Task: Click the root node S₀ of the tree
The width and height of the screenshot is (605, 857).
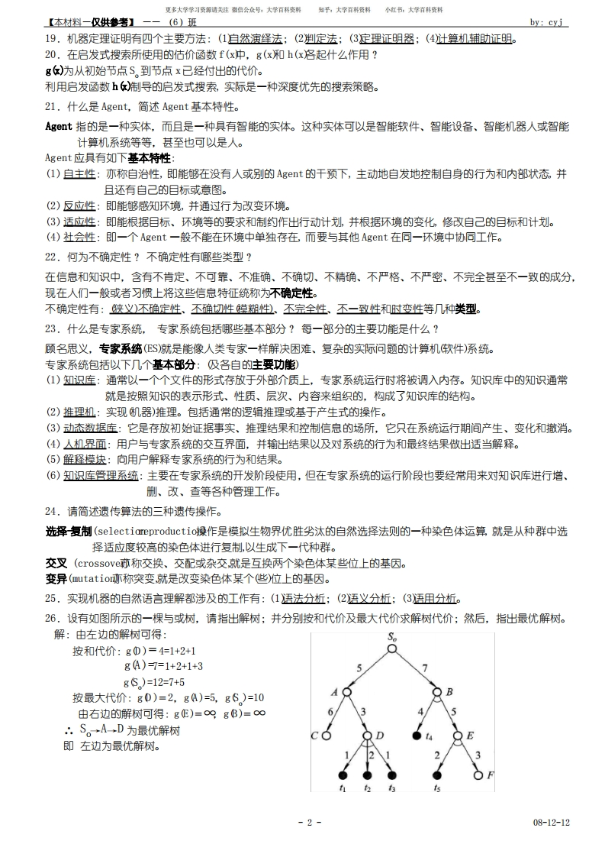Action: [391, 648]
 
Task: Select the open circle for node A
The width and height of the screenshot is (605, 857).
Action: [346, 692]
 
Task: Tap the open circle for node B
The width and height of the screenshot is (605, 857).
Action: [437, 692]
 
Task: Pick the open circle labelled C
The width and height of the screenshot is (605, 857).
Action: [325, 736]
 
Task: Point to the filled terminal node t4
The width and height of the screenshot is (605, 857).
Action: [417, 736]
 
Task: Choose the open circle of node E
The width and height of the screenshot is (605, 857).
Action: [458, 736]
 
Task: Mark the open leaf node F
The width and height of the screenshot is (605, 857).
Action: [478, 776]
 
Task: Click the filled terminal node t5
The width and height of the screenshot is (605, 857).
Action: [437, 776]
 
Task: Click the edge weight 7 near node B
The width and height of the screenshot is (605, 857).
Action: [426, 667]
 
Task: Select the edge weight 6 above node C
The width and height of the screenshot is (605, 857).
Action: [330, 711]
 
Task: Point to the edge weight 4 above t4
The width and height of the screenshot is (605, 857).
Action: [420, 711]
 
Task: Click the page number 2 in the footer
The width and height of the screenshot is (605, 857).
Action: [309, 822]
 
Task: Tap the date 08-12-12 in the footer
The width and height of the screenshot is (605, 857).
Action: [552, 822]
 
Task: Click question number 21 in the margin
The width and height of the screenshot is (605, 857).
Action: [52, 106]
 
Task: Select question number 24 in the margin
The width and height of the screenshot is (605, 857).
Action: [52, 511]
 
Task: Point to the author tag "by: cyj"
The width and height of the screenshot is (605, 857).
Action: [546, 22]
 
